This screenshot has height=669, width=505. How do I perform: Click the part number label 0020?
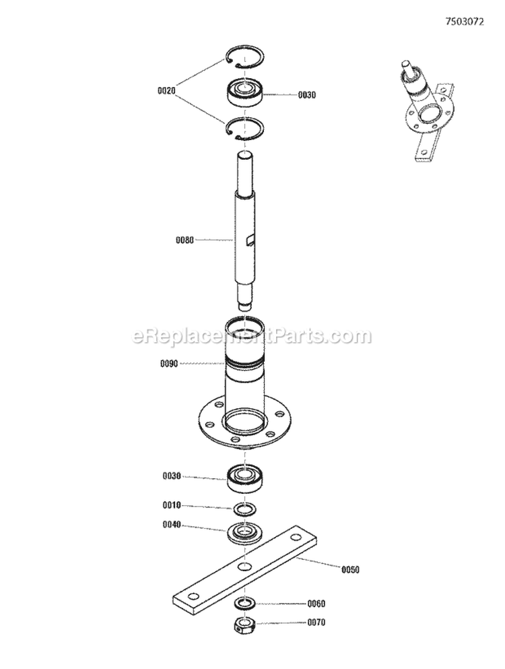pos(166,90)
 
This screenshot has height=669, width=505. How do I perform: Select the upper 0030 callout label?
pos(307,95)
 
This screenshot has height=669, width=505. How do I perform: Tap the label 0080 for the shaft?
pos(184,240)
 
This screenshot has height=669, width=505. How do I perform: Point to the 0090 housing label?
pos(169,364)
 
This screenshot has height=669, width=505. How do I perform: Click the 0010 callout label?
pos(171,505)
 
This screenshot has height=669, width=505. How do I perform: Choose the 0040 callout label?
pos(171,526)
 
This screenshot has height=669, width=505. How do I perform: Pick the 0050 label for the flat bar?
pos(350,569)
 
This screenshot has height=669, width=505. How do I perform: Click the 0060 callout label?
pos(316,604)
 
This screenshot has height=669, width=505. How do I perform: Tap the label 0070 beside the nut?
pos(316,623)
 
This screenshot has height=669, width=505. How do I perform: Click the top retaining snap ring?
pos(244,60)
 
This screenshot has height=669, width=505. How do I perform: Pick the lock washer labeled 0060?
pos(244,602)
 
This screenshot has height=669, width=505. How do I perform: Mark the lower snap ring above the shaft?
pos(244,128)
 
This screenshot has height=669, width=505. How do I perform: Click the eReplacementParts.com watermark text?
pos(252,335)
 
